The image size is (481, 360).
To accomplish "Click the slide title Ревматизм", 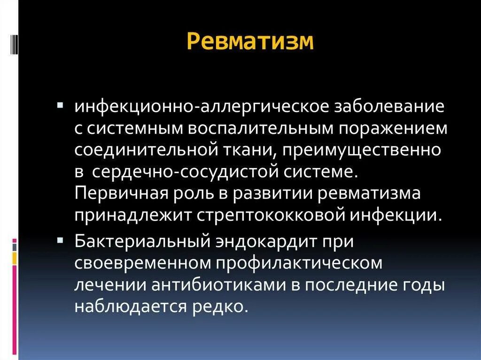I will coord(250,41).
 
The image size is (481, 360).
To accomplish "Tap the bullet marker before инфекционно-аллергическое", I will coord(60,102).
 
